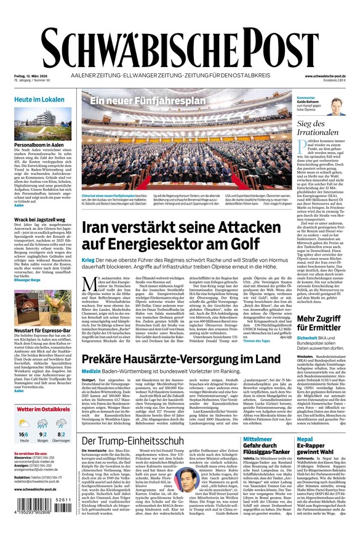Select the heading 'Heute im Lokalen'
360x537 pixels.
(x=39, y=99)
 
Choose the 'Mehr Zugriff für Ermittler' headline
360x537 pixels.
(x=320, y=323)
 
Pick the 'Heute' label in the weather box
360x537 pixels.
(x=24, y=440)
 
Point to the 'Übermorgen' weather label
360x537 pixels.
(x=61, y=440)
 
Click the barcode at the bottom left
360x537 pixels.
(x=44, y=517)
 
